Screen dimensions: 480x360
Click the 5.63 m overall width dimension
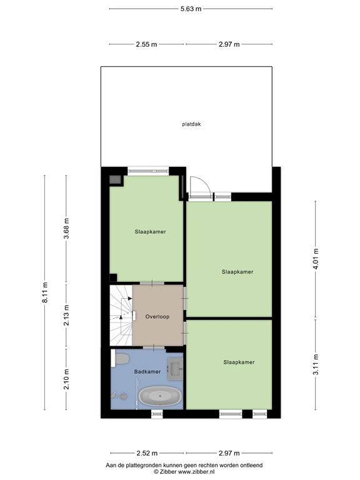191,9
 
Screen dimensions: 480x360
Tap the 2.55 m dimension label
147,44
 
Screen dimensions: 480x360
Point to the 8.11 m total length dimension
44,294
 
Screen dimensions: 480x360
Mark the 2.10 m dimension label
67,379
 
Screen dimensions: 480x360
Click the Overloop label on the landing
157,316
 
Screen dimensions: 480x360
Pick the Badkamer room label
147,372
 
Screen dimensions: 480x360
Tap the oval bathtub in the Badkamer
159,396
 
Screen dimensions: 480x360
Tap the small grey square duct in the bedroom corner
115,181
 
